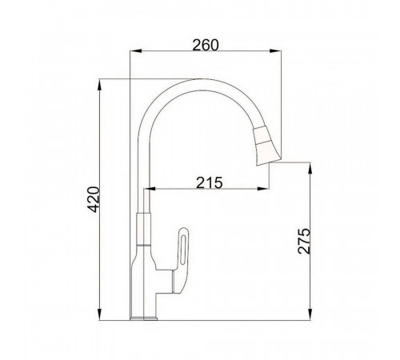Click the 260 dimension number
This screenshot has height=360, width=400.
206,45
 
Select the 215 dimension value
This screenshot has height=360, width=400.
209,182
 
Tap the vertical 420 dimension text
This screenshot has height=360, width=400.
94,199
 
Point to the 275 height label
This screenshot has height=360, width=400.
304,241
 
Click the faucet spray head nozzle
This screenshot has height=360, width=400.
266,146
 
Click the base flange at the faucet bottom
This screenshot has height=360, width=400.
143,318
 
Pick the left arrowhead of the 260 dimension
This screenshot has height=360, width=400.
135,50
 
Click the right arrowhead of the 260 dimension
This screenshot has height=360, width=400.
275,50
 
